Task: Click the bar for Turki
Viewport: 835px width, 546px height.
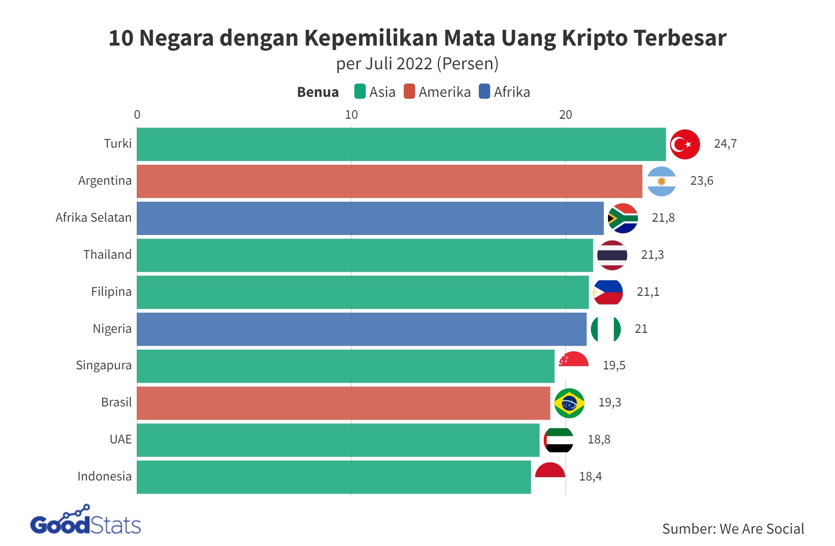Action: tap(401, 144)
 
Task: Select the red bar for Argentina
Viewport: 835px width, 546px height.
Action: tap(389, 181)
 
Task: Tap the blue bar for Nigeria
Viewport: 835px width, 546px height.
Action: tap(361, 329)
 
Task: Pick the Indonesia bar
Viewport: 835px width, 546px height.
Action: tap(334, 477)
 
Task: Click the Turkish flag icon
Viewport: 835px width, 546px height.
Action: tap(685, 144)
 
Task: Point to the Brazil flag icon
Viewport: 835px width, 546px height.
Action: tap(569, 403)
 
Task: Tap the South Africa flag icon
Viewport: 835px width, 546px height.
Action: tap(623, 218)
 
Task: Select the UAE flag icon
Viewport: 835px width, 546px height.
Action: tap(559, 440)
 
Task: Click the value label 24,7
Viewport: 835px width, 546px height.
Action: tap(725, 144)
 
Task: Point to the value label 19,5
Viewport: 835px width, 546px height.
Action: tap(614, 366)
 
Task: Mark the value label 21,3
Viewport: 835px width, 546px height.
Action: tap(652, 255)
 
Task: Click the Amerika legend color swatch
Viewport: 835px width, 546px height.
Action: tap(409, 92)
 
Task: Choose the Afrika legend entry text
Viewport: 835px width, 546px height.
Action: tap(512, 92)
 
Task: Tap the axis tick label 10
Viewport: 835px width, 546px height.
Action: tap(351, 115)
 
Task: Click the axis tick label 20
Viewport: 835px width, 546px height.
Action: tap(565, 115)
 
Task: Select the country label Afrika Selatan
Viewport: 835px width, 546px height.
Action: tap(94, 218)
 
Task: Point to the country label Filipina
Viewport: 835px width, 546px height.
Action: tap(111, 292)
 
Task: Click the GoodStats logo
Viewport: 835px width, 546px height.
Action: tap(85, 521)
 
